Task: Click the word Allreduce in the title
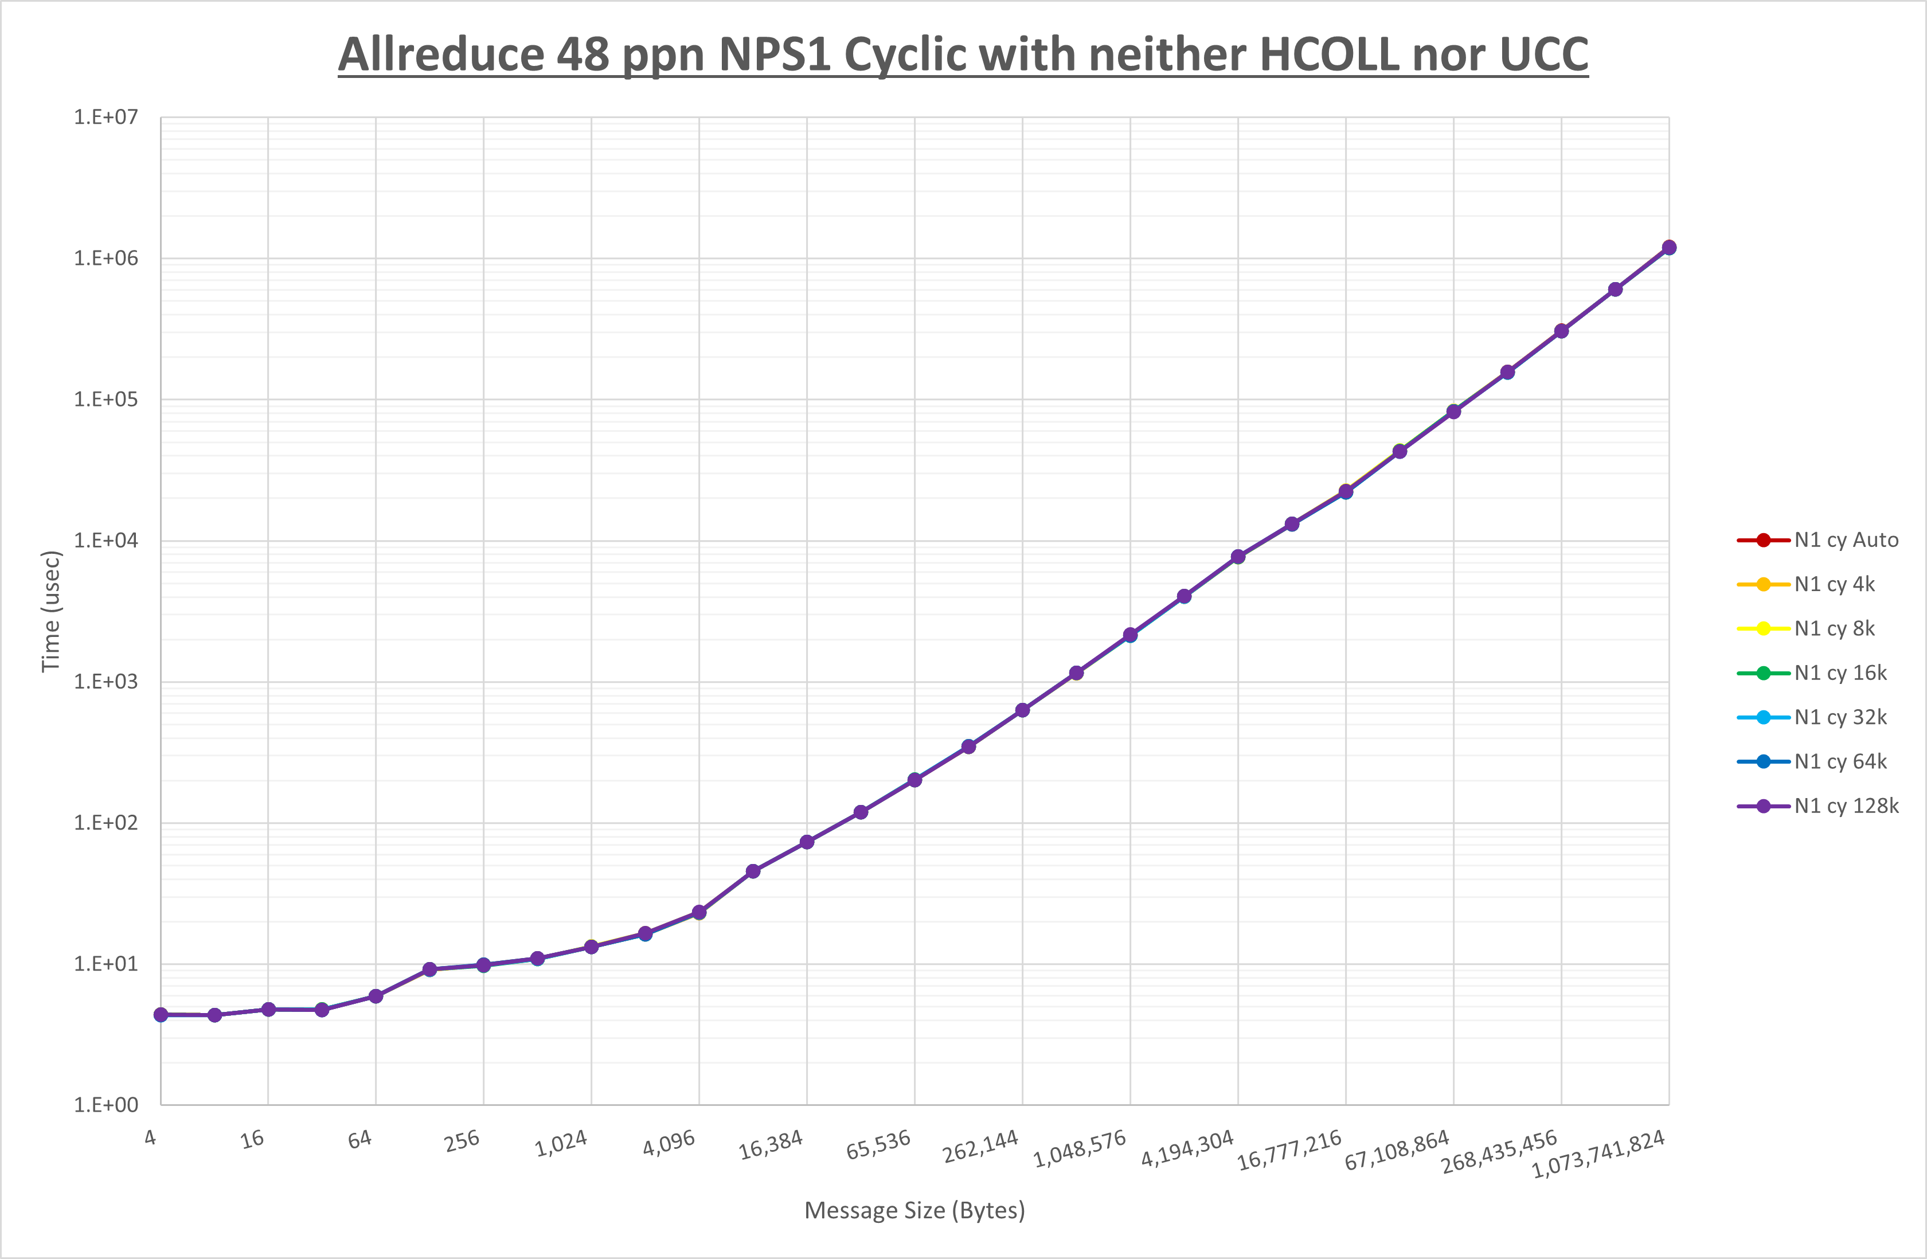(440, 55)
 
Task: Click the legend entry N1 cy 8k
(1834, 628)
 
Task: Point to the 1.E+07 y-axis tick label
(106, 118)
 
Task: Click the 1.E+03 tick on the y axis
(106, 682)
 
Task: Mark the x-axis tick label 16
(253, 1139)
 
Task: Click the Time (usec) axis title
(50, 611)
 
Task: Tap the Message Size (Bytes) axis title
(914, 1210)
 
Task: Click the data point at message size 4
(161, 1015)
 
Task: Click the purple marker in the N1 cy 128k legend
(1764, 806)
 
